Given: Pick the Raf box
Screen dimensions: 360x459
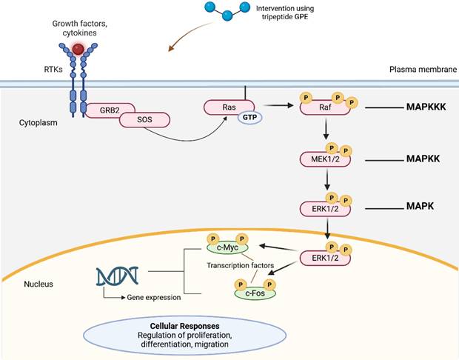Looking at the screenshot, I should tap(324, 108).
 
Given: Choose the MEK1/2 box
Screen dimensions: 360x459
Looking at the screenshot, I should tap(324, 159).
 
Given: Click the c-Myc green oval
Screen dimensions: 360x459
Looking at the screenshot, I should tap(227, 246).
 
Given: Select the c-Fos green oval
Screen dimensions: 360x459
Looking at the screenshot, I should tap(255, 293).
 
